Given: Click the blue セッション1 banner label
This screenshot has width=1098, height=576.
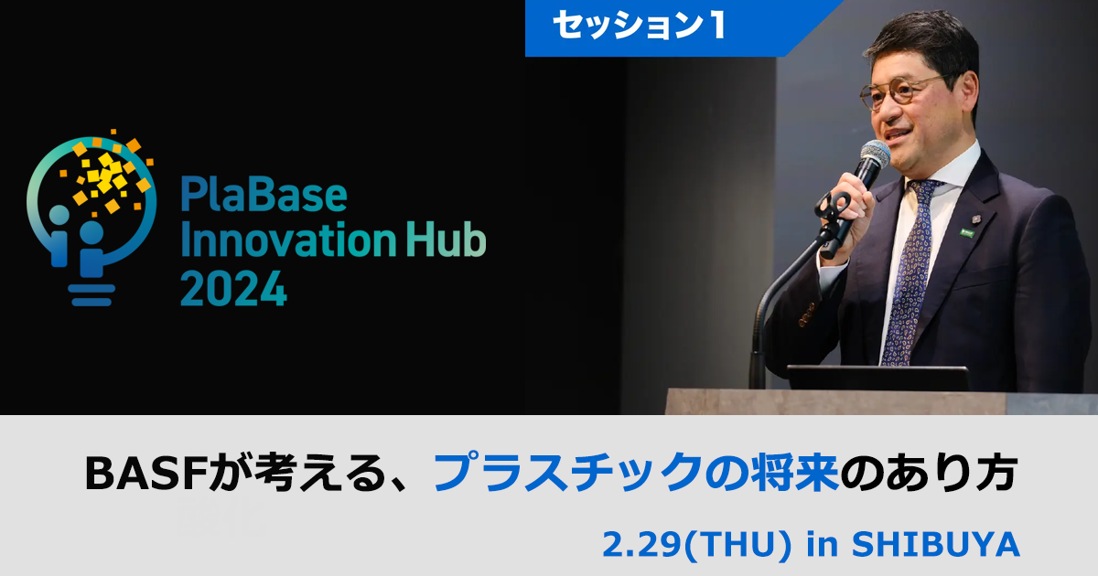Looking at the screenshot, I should [640, 26].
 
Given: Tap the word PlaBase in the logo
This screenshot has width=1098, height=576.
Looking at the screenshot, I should [264, 195].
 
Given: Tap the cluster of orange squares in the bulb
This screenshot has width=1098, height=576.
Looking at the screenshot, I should [108, 176].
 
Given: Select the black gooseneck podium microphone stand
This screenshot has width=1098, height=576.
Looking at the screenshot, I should [769, 302].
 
